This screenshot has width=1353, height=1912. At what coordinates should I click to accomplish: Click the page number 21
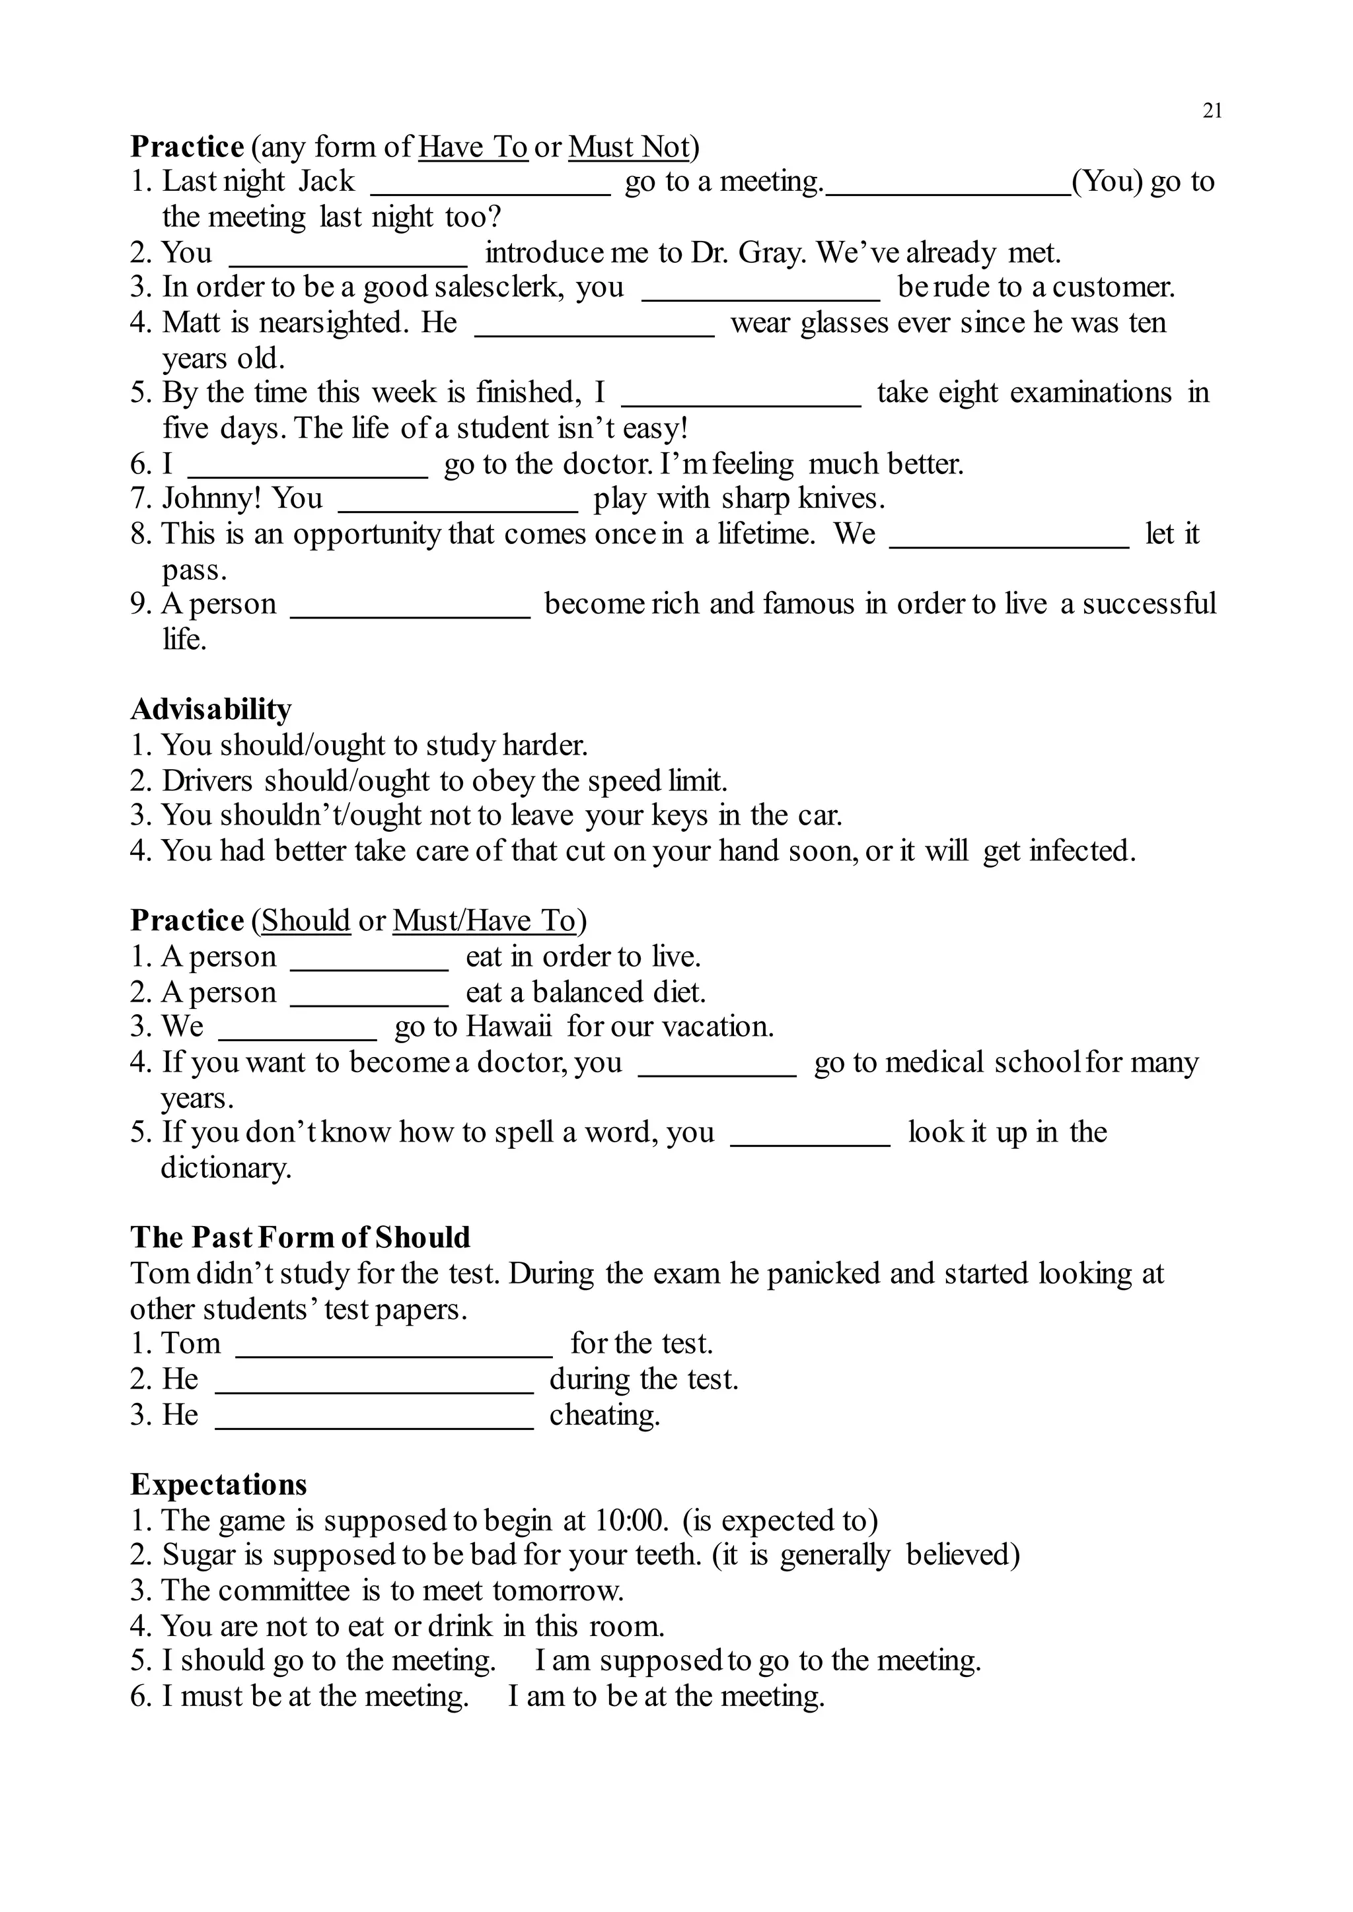1212,111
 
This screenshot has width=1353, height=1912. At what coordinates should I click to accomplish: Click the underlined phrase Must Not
629,147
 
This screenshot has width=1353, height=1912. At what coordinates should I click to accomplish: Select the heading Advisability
211,708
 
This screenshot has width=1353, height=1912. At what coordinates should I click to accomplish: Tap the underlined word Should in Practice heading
306,921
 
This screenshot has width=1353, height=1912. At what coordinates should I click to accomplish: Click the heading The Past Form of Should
300,1237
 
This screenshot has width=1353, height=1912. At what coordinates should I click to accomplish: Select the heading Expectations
218,1485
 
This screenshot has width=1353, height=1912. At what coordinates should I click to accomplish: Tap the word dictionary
226,1169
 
